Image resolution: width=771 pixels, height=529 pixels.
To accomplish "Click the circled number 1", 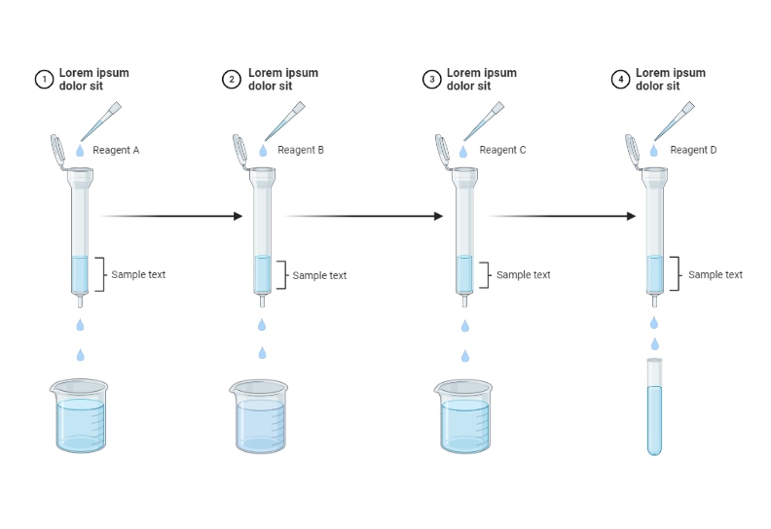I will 43,80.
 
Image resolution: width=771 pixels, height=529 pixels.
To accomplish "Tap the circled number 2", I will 231,80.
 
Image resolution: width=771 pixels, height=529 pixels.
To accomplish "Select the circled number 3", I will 431,80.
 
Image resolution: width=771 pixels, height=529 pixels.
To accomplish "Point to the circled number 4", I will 620,80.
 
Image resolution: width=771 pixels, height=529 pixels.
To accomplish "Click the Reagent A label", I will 116,151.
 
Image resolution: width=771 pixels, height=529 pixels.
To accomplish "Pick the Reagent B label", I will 301,151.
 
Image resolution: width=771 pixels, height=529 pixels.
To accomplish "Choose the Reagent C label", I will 502,151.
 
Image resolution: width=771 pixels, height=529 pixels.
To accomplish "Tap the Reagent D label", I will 693,151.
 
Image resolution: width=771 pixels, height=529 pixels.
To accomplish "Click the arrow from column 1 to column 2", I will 171,216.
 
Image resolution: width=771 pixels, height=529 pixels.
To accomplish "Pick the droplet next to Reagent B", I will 263,151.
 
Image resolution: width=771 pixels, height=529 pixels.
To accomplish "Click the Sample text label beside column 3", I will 523,275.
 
